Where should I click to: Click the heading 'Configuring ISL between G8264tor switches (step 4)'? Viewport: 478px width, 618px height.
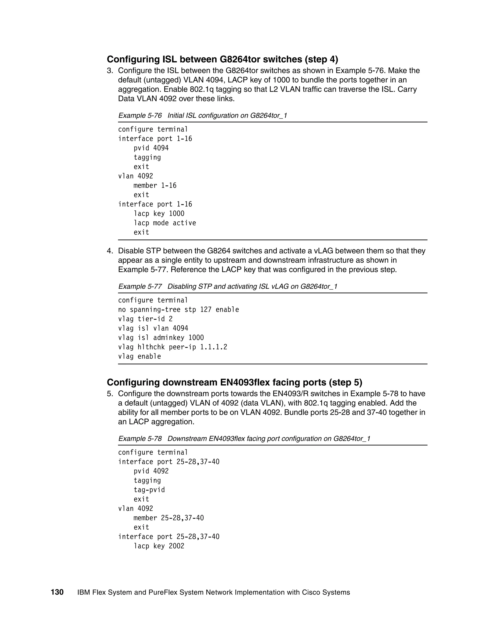[x=222, y=59]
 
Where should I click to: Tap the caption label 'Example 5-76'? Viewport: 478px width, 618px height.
[x=140, y=115]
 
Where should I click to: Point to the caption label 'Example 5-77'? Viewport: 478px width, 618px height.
[x=140, y=286]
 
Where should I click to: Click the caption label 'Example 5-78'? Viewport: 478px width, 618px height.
[x=140, y=439]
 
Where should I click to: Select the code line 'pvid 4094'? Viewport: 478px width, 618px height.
[x=151, y=148]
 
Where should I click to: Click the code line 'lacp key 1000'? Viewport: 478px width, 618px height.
[x=159, y=214]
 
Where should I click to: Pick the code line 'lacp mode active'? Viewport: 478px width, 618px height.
[x=165, y=223]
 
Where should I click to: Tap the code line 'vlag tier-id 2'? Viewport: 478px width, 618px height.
[x=145, y=319]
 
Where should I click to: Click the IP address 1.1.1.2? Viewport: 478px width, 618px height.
[x=214, y=347]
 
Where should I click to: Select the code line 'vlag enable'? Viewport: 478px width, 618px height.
[x=139, y=356]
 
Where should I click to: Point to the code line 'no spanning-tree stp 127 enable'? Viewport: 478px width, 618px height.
[x=178, y=309]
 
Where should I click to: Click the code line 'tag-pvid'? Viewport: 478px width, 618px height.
[x=149, y=490]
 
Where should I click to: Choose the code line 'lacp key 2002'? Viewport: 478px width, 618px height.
[x=159, y=546]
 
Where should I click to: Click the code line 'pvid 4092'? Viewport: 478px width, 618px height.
[x=151, y=471]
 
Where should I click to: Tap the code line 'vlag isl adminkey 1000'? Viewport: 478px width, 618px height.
[x=161, y=338]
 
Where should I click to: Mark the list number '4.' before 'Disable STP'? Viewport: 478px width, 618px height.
[x=110, y=251]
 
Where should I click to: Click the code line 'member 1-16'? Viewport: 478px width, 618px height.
[x=155, y=186]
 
